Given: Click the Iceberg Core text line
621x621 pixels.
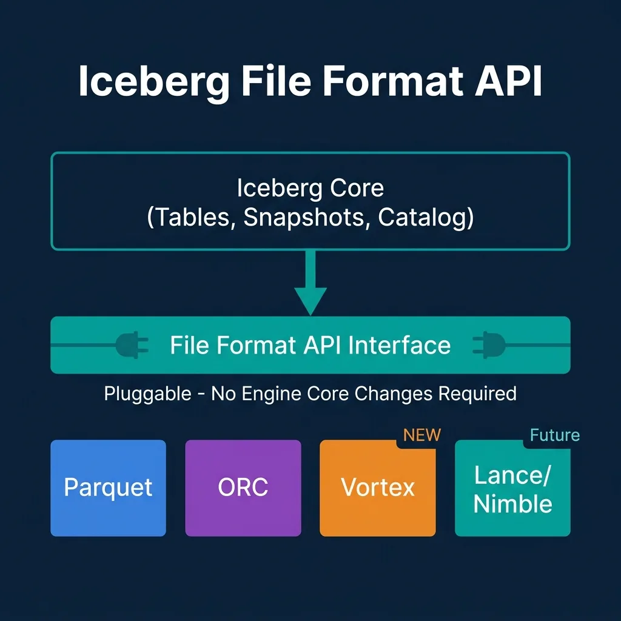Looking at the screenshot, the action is point(310,188).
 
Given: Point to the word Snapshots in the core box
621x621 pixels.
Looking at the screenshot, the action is point(303,217).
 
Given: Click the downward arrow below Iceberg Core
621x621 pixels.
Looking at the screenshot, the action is point(310,283).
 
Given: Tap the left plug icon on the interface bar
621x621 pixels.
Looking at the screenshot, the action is point(132,345).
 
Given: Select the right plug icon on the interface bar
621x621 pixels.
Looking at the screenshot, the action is point(489,345).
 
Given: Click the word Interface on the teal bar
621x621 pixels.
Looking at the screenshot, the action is point(399,345).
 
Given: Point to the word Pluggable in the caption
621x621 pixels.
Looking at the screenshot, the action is point(148,394).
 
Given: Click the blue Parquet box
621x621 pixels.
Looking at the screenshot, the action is point(108,488).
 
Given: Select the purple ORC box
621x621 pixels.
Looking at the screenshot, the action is point(243,488).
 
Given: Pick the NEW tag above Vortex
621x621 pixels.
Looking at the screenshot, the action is point(422,435).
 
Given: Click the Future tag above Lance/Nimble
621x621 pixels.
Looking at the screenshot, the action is point(555,435).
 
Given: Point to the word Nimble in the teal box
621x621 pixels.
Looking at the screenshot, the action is point(513,504).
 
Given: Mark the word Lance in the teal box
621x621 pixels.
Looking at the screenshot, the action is point(509,475).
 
